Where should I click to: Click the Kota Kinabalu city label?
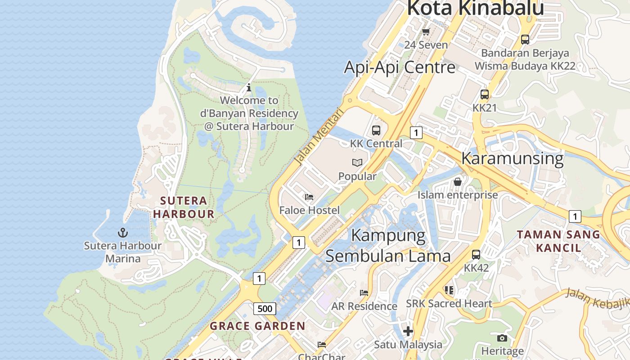[476, 8]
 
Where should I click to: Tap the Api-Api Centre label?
[400, 67]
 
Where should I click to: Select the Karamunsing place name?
[512, 158]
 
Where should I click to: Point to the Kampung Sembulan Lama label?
[387, 246]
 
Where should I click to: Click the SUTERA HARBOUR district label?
[184, 207]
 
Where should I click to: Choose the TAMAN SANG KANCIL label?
[558, 241]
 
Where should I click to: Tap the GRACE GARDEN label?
[257, 326]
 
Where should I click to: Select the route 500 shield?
[265, 308]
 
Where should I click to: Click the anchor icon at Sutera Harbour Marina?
[123, 233]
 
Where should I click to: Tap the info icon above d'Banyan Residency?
[249, 87]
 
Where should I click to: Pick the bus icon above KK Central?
[376, 130]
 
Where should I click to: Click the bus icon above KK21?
[485, 94]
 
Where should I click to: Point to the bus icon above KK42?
[476, 254]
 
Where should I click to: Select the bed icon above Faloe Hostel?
[309, 197]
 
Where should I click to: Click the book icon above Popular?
[357, 162]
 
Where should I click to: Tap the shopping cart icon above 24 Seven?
[426, 31]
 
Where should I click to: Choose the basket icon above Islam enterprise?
[458, 182]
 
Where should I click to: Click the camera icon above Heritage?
[502, 338]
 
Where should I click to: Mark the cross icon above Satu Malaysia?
[408, 331]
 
